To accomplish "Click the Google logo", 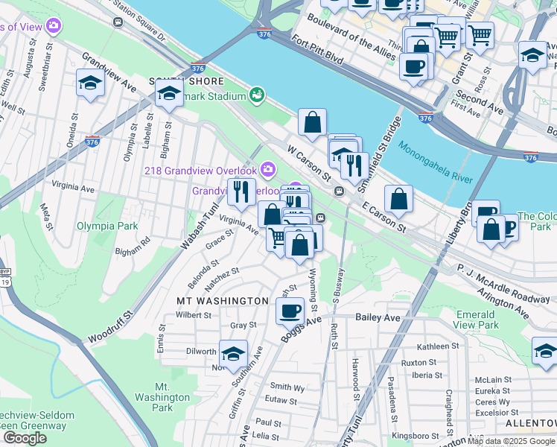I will [25, 438].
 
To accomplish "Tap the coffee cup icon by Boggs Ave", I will [290, 310].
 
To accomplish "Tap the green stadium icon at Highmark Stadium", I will [257, 95].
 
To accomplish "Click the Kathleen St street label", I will [439, 346].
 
